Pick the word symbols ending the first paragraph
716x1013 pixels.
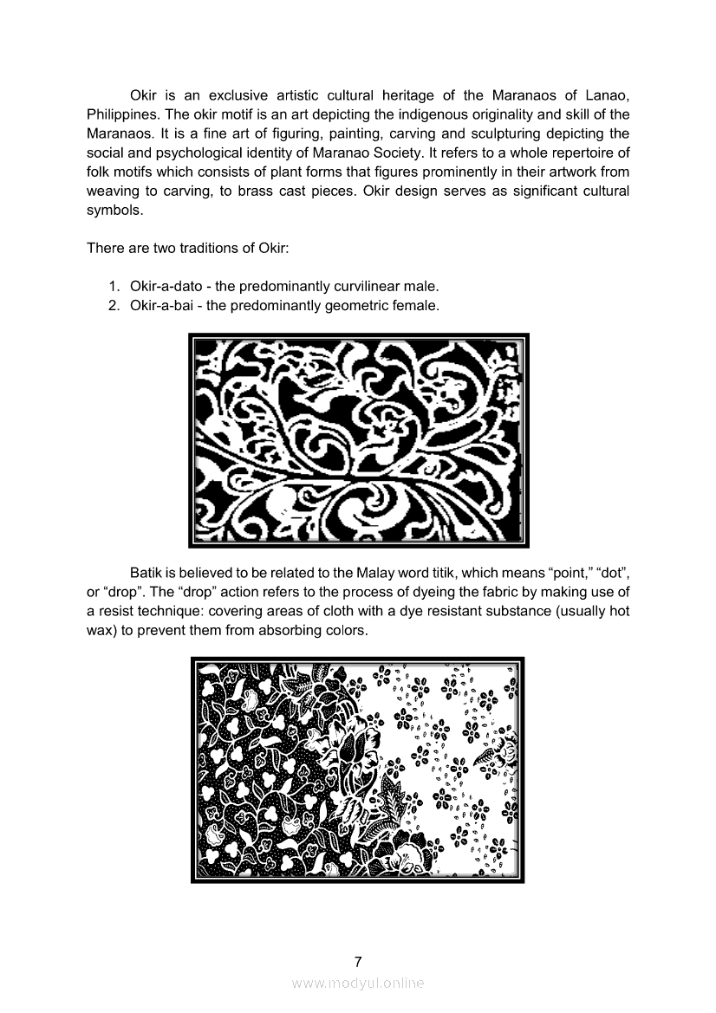[113, 211]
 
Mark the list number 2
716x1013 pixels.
[114, 306]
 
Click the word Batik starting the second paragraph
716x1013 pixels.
[146, 573]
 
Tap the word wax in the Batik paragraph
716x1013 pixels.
[100, 631]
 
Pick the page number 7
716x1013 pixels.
[358, 962]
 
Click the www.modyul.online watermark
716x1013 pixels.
[358, 984]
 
